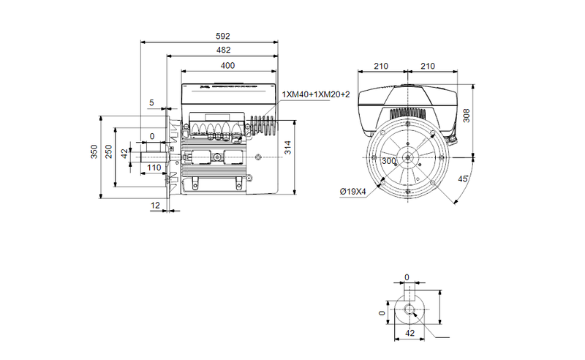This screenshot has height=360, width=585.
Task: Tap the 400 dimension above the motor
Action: pos(227,66)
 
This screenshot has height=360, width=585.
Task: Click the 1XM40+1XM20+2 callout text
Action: pos(316,94)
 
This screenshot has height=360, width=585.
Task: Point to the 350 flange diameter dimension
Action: pos(94,151)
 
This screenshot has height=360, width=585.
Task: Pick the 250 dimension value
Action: pos(110,151)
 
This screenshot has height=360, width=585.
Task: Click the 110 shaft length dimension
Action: pos(154,168)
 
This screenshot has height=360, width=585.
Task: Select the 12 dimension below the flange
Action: pos(155,206)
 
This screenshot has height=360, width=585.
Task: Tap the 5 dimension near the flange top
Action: pos(151,103)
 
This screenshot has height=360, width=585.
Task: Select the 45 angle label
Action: pos(462,179)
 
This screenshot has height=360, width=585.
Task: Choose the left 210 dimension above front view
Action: pos(381,66)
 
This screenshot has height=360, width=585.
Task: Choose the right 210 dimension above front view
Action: pos(428,66)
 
